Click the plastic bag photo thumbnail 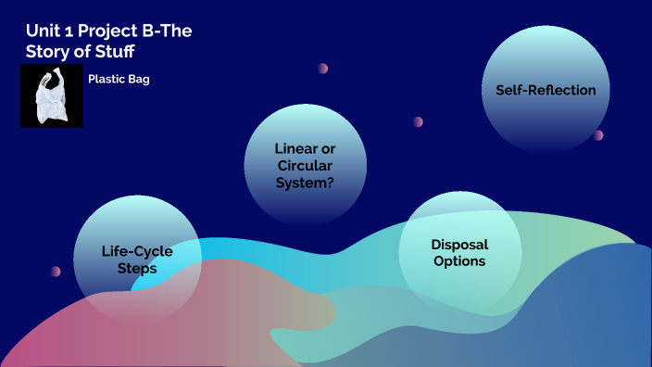click(52, 96)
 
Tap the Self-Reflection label click(539, 90)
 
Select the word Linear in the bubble click(295, 148)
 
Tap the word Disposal click(459, 245)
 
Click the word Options click(459, 261)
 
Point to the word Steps click(137, 269)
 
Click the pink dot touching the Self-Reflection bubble click(598, 135)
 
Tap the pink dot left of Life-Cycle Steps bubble click(56, 272)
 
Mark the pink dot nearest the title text click(323, 68)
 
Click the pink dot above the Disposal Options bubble click(418, 121)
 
